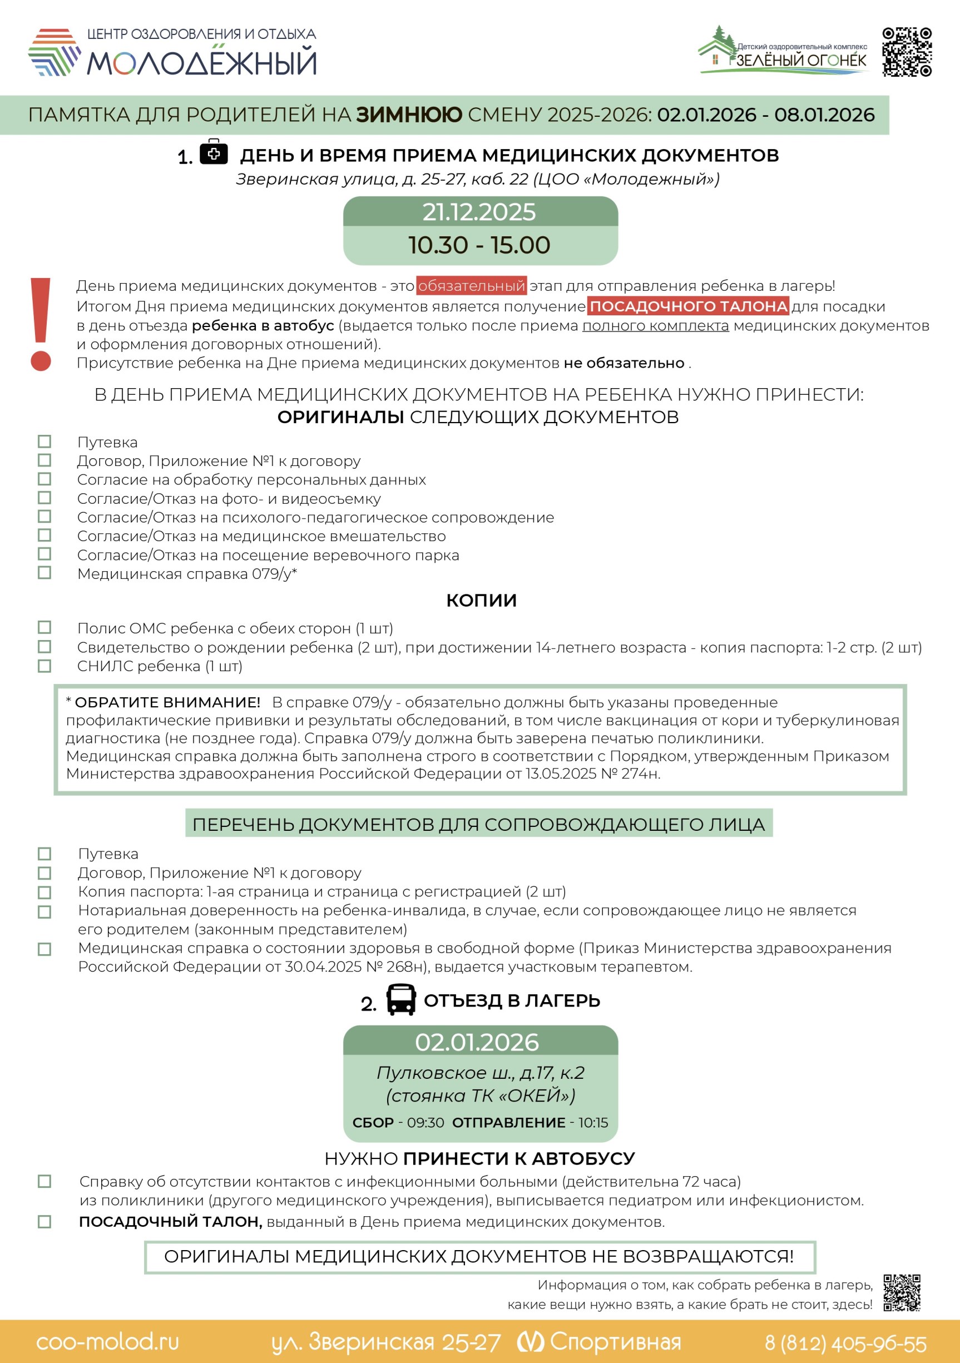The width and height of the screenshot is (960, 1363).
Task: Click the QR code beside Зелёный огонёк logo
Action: (x=907, y=52)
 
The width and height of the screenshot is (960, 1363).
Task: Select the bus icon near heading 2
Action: (x=401, y=1000)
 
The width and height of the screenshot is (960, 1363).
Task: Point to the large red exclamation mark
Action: (x=41, y=324)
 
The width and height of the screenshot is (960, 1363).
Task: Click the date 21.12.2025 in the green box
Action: (x=479, y=212)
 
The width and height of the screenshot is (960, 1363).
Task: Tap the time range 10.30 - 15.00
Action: (x=479, y=245)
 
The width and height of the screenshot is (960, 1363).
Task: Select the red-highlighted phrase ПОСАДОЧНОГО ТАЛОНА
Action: (x=688, y=306)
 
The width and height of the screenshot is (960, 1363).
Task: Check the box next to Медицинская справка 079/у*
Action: (x=44, y=573)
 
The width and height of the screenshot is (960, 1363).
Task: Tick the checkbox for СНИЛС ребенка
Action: (x=44, y=666)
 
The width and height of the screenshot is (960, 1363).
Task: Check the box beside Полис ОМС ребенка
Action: (x=44, y=627)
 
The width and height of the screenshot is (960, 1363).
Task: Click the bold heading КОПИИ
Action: (x=481, y=600)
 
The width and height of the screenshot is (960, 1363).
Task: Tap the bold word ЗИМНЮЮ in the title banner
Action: (x=409, y=115)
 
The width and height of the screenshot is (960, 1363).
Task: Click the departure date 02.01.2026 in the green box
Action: (x=477, y=1042)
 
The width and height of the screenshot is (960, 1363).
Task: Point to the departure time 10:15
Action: (x=593, y=1123)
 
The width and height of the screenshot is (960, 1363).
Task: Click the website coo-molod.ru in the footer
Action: (x=107, y=1341)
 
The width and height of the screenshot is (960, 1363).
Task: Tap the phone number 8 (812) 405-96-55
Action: (x=845, y=1343)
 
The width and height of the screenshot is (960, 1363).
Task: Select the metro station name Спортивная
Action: (x=615, y=1341)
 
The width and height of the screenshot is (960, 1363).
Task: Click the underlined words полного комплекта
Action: (x=655, y=326)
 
